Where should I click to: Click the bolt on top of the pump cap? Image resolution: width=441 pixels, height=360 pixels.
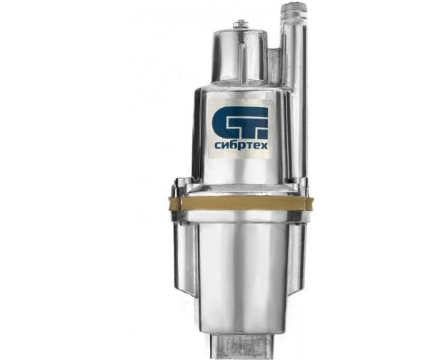241,24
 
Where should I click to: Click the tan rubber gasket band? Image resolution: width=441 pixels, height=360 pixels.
241,203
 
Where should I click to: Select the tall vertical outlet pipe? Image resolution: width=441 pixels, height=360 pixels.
296,93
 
